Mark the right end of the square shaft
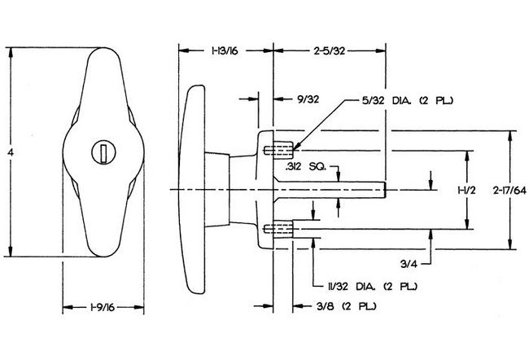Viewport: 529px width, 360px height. pyautogui.click(x=383, y=189)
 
